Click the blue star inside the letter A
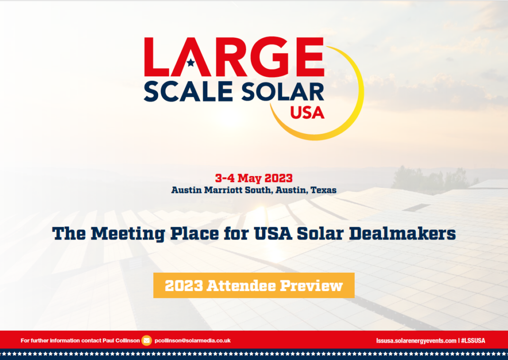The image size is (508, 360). [191, 62]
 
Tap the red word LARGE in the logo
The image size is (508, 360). [234, 57]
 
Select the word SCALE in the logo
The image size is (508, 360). [188, 92]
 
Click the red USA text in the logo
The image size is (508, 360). [307, 113]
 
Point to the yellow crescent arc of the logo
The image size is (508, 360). [360, 97]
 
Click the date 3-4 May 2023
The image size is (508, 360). [254, 178]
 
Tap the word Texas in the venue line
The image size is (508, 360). [323, 190]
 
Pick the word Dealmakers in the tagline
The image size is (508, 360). [402, 234]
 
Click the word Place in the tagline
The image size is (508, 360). [194, 234]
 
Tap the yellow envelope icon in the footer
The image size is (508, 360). [147, 341]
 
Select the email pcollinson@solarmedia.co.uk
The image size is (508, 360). [192, 341]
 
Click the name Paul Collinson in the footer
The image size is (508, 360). [121, 341]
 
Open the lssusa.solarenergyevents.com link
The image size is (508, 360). [416, 341]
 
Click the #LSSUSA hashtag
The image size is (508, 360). [473, 341]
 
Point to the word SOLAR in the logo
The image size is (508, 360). [282, 92]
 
